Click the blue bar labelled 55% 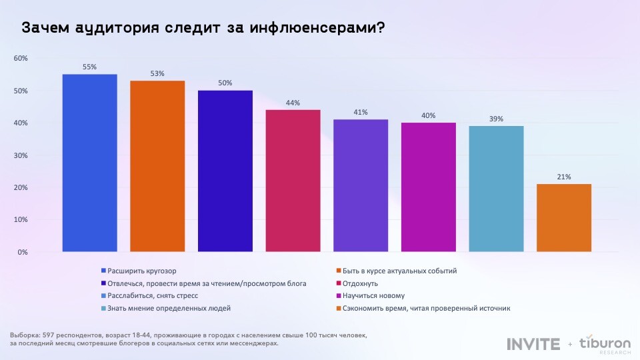[x=89, y=163]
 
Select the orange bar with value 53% [x=157, y=167]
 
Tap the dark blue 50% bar [x=225, y=171]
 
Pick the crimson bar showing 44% [x=293, y=181]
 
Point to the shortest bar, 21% [x=563, y=218]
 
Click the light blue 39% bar [x=496, y=189]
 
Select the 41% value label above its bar [x=361, y=112]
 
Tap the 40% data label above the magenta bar [x=428, y=115]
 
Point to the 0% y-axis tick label [x=22, y=252]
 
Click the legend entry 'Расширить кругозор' [x=137, y=271]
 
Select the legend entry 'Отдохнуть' [x=360, y=283]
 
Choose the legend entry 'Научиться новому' [x=373, y=295]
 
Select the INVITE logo [x=533, y=344]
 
